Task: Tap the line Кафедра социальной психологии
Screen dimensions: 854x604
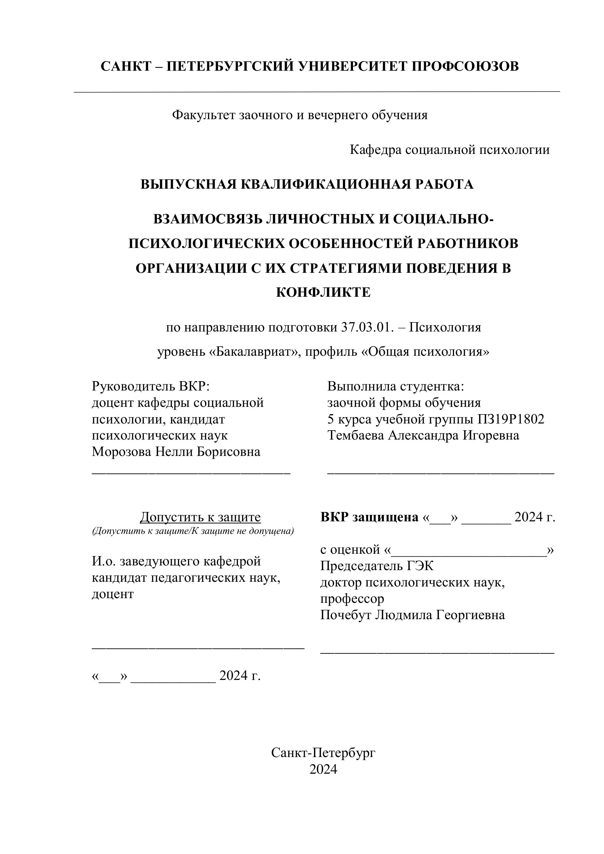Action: tap(449, 150)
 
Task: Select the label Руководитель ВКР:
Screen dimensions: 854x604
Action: tap(151, 386)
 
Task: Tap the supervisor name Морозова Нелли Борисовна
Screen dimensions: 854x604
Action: tap(176, 452)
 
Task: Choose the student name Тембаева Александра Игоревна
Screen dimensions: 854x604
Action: tap(423, 435)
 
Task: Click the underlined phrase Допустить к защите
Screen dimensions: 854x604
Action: tap(200, 517)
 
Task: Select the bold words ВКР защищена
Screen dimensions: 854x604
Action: tap(369, 517)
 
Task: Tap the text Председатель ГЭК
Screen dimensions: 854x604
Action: tap(377, 566)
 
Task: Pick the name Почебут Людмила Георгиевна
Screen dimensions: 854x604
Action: tap(412, 615)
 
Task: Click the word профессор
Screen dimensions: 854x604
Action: tap(352, 599)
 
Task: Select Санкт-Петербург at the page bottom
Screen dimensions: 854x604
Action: tap(323, 753)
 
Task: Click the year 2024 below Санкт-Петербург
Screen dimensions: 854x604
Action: tap(323, 770)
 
